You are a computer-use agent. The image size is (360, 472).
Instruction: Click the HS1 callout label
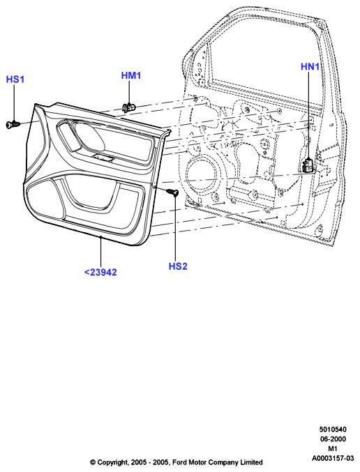15,79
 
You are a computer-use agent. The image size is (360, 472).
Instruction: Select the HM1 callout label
131,75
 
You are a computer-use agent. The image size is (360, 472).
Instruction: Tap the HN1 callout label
310,66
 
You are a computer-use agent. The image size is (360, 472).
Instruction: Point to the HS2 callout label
178,266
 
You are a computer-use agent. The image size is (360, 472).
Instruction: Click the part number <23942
100,272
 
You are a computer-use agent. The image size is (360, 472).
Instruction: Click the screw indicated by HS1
13,124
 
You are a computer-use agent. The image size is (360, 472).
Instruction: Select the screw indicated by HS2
172,191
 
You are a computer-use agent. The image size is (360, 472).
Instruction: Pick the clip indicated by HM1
129,107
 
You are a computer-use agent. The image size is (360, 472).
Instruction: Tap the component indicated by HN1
308,165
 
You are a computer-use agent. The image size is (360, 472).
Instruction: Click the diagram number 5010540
333,429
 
